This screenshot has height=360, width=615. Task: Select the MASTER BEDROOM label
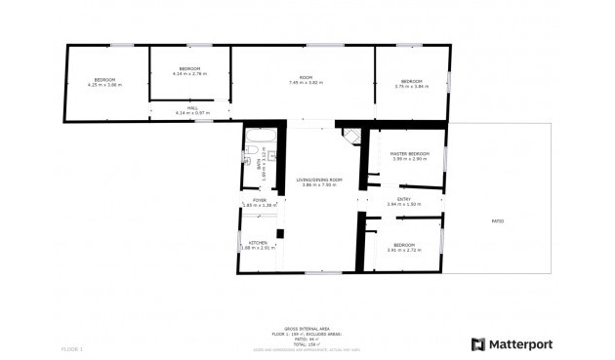tap(409, 154)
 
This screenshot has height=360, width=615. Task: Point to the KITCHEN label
tap(258, 242)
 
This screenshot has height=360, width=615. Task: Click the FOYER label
tap(260, 200)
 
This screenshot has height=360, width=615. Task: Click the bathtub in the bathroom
tap(260, 137)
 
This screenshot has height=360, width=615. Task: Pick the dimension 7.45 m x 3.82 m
tap(306, 83)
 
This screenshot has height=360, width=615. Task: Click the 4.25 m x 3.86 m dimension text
tap(104, 85)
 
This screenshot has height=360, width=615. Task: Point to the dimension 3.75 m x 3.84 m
tap(411, 87)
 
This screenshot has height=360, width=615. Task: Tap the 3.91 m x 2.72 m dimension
tap(404, 250)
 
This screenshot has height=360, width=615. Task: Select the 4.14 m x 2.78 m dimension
tap(189, 73)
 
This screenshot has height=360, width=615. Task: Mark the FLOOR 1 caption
tap(72, 348)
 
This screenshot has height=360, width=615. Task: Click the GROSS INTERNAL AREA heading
tap(305, 329)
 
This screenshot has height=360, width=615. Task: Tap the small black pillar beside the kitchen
tap(280, 233)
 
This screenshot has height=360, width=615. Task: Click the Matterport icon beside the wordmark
tap(478, 343)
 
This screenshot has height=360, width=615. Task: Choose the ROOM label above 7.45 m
tap(306, 78)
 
